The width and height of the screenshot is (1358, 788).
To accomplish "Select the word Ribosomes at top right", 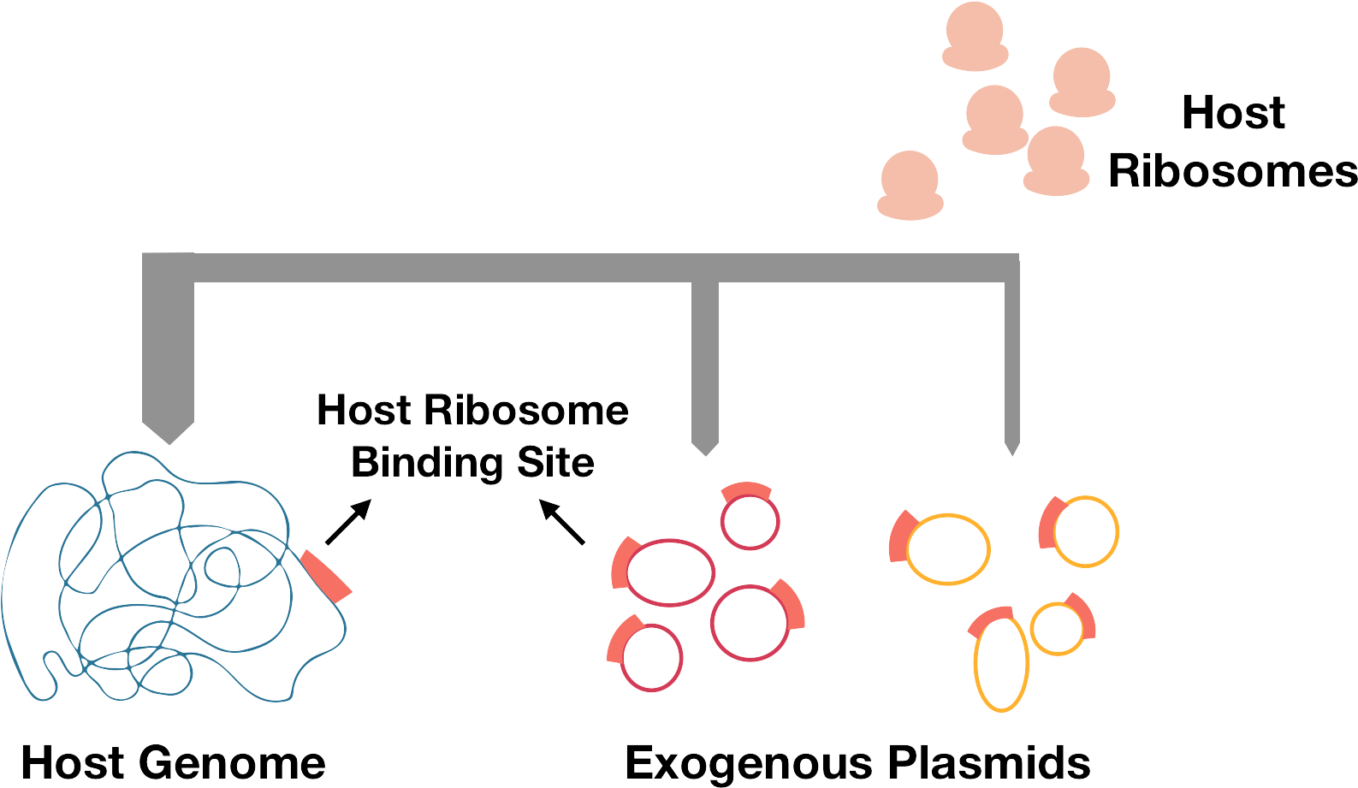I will tap(1232, 171).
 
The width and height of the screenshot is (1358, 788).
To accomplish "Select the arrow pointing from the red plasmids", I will tap(561, 523).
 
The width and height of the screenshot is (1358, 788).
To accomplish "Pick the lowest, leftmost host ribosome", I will tap(909, 184).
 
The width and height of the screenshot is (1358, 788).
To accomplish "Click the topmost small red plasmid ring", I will tap(750, 520).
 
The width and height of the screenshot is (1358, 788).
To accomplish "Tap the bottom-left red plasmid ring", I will tap(651, 657).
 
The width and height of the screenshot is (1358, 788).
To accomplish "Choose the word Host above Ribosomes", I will tap(1232, 114).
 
